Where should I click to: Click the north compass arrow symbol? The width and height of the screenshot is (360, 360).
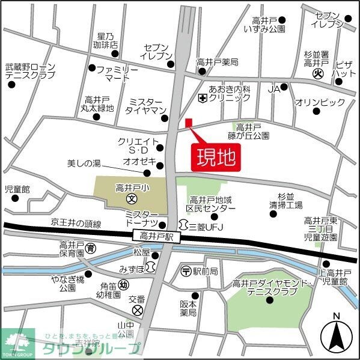pyautogui.click(x=337, y=336)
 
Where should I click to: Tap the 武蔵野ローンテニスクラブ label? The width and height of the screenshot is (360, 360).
pyautogui.click(x=30, y=71)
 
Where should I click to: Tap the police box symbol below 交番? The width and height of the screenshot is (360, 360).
pyautogui.click(x=138, y=310)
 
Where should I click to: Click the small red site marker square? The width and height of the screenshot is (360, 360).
pyautogui.click(x=188, y=123)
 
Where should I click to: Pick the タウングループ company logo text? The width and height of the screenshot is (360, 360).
pyautogui.click(x=90, y=347)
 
